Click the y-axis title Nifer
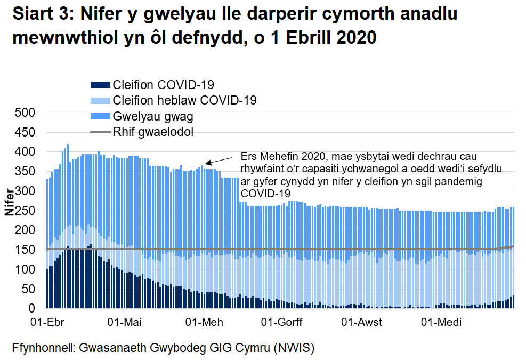[10, 202]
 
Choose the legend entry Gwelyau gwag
[153, 116]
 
